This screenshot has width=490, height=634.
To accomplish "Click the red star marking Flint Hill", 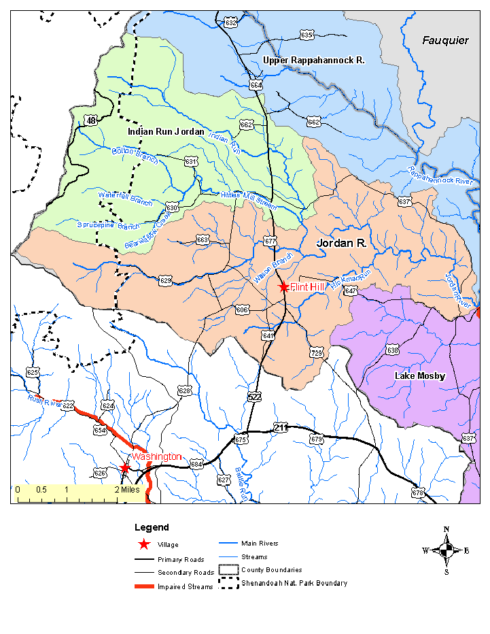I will (x=283, y=287).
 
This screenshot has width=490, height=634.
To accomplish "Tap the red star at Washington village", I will (x=124, y=468).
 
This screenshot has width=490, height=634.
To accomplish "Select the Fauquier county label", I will (x=445, y=41).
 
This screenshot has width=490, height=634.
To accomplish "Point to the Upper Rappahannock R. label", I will (x=314, y=61).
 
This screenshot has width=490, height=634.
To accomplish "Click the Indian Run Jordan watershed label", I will (x=166, y=131).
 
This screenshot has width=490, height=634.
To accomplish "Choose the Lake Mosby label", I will (x=420, y=376).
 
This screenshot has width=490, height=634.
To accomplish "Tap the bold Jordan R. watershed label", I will (x=341, y=242).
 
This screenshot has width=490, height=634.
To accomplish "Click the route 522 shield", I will (x=254, y=396).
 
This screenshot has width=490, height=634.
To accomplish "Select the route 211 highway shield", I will (x=281, y=427).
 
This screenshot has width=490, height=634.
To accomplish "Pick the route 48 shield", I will (x=91, y=120).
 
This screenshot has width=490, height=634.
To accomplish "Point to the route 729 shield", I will (x=316, y=352).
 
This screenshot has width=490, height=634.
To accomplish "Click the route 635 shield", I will (x=307, y=35).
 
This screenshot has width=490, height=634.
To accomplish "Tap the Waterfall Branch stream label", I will (x=125, y=197).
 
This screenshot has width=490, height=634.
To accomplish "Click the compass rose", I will (x=446, y=550).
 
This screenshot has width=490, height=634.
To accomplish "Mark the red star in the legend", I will (x=143, y=544).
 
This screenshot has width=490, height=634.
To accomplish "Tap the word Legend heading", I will (x=152, y=527).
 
